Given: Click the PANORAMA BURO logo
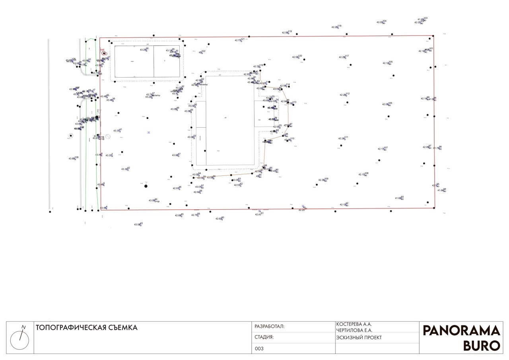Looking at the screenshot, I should pyautogui.click(x=461, y=338).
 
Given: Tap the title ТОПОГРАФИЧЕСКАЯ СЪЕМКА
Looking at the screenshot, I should pyautogui.click(x=86, y=328).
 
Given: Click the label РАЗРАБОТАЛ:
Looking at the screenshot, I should pyautogui.click(x=269, y=327).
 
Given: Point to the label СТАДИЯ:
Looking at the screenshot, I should pyautogui.click(x=264, y=337).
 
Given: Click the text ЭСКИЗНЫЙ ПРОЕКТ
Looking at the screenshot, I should pyautogui.click(x=359, y=337).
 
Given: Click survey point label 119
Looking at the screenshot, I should pyautogui.click(x=289, y=31).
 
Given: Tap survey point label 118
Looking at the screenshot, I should pyautogui.click(x=339, y=26).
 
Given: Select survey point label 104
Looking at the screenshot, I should pyautogui.click(x=384, y=21).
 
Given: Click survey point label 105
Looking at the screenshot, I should pyautogui.click(x=390, y=62).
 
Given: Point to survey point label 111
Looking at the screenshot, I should pyautogui.click(x=346, y=137).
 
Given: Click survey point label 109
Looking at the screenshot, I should pyautogui.click(x=326, y=179).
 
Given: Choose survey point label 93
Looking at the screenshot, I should pyautogui.click(x=402, y=197).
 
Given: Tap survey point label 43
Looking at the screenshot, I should pyautogui.click(x=141, y=224).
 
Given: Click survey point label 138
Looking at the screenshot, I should pyautogui.click(x=76, y=158).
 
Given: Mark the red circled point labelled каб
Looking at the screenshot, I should pyautogui.click(x=104, y=53).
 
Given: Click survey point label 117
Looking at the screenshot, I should pyautogui.click(x=347, y=56).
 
